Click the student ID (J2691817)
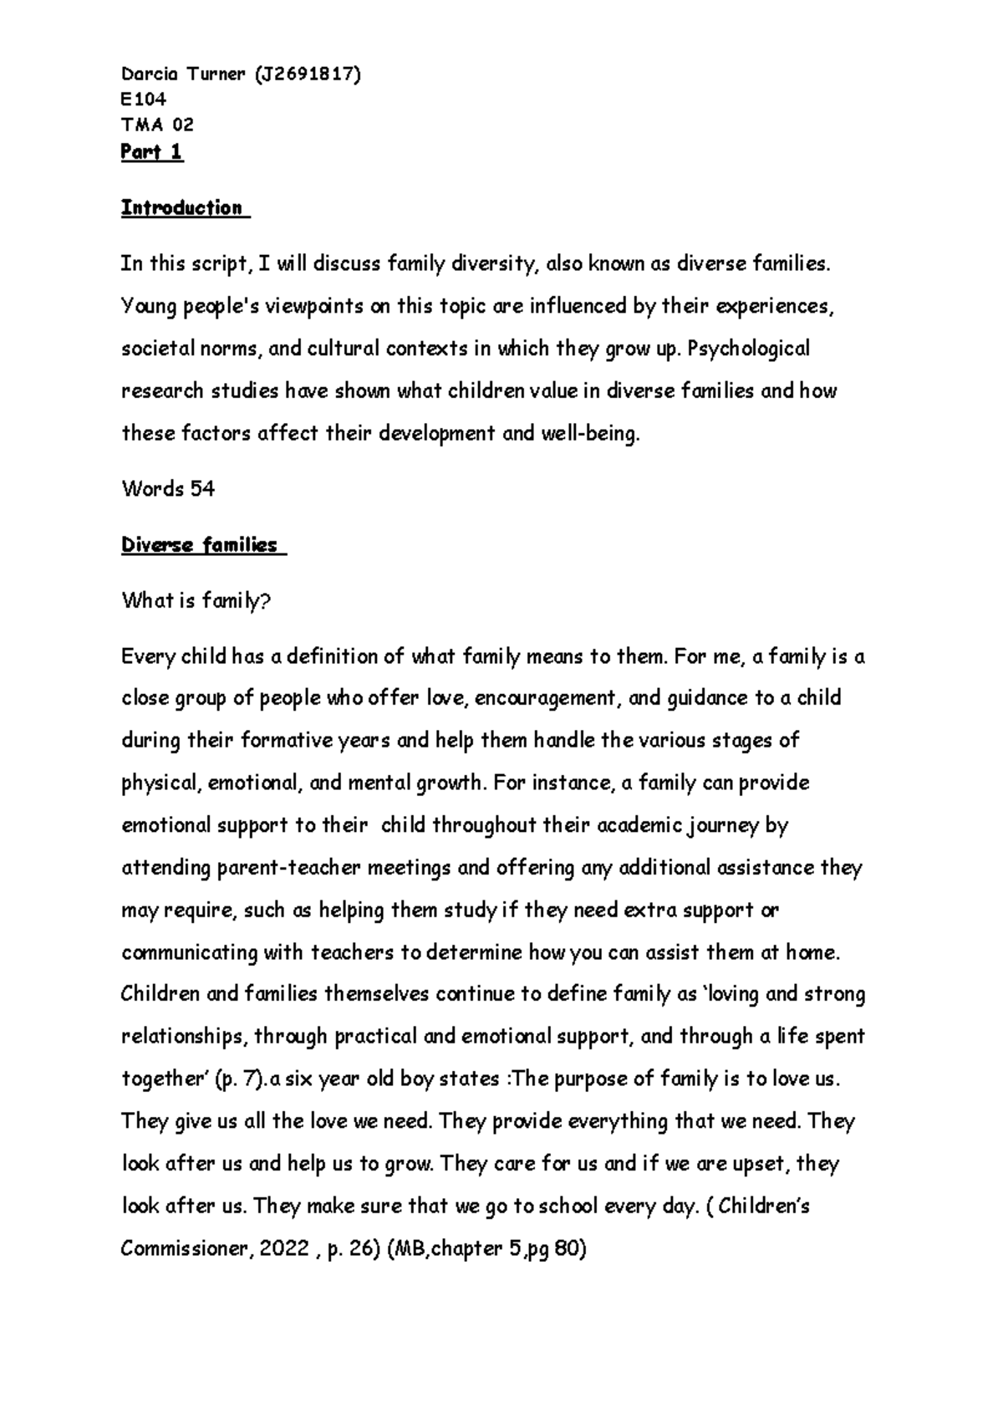coord(304,74)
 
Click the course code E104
coord(144,99)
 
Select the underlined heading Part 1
coord(152,151)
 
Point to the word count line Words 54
coord(168,489)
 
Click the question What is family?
coord(196,601)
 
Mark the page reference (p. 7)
coord(238,1079)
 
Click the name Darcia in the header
coord(151,74)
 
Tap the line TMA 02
coord(157,125)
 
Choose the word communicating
coord(189,953)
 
